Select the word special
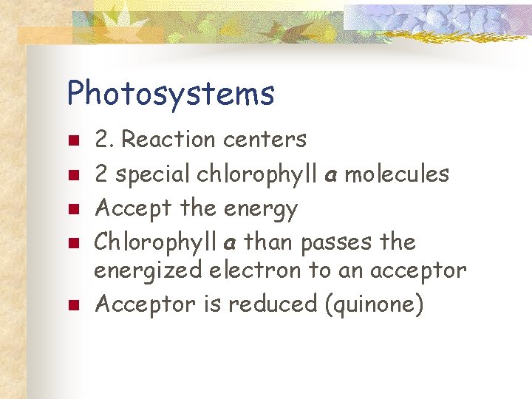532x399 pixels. (x=153, y=174)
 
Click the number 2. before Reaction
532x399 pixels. (x=105, y=139)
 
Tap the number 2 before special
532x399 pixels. (x=102, y=174)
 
